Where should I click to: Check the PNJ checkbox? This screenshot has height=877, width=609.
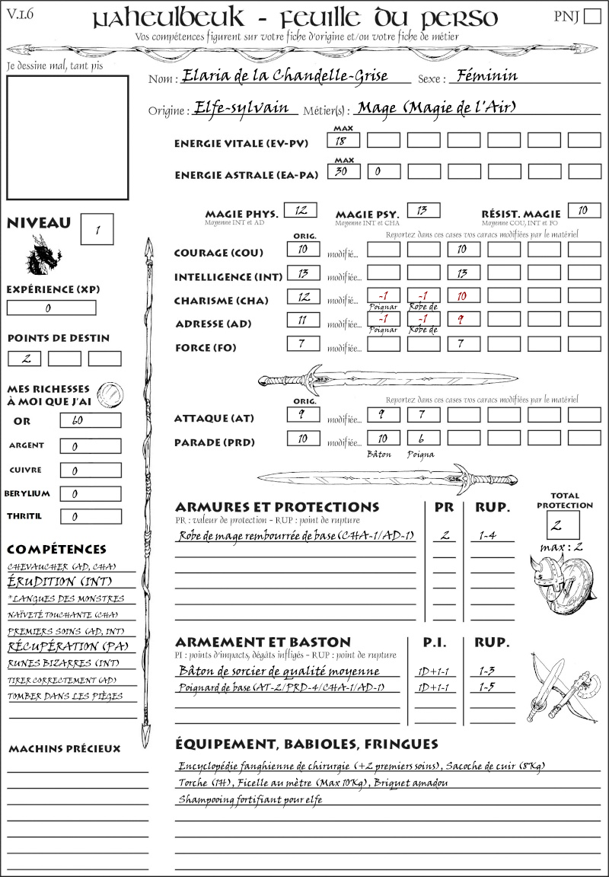pyautogui.click(x=591, y=18)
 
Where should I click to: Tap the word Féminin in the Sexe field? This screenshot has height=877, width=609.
pyautogui.click(x=484, y=75)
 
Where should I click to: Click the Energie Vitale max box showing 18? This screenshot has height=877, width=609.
pyautogui.click(x=343, y=140)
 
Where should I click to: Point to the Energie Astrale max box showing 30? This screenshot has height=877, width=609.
pyautogui.click(x=343, y=171)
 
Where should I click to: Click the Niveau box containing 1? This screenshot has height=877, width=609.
pyautogui.click(x=98, y=228)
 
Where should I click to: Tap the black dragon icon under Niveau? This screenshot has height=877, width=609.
pyautogui.click(x=43, y=254)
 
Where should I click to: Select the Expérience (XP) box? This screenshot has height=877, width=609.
pyautogui.click(x=52, y=308)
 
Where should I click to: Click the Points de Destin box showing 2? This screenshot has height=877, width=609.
pyautogui.click(x=24, y=359)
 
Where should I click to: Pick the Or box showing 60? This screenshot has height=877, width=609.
pyautogui.click(x=91, y=420)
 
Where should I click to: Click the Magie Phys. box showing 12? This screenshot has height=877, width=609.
pyautogui.click(x=300, y=210)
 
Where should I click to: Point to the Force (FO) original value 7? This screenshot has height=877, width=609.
pyautogui.click(x=302, y=344)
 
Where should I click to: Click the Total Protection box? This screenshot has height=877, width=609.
pyautogui.click(x=563, y=525)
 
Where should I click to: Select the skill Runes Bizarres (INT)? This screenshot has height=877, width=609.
pyautogui.click(x=64, y=663)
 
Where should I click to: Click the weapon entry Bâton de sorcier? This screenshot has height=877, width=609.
pyautogui.click(x=279, y=671)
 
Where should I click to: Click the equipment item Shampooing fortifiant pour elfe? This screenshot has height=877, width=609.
pyautogui.click(x=250, y=799)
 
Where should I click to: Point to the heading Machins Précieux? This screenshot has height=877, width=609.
pyautogui.click(x=65, y=749)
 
